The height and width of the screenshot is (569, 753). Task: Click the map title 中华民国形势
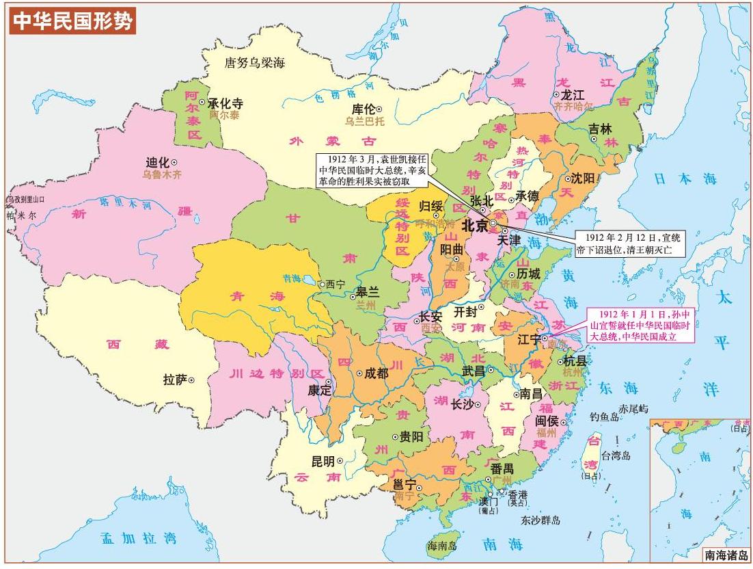pyautogui.click(x=72, y=21)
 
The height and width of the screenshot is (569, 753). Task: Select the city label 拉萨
pyautogui.click(x=176, y=379)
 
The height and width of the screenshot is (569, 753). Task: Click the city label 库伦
pyautogui.click(x=362, y=109)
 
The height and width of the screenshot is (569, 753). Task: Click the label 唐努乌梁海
pyautogui.click(x=255, y=63)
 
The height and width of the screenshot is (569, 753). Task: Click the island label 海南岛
pyautogui.click(x=441, y=546)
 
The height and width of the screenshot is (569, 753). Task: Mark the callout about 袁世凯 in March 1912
pyautogui.click(x=372, y=170)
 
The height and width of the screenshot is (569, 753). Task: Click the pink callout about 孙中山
pyautogui.click(x=641, y=324)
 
